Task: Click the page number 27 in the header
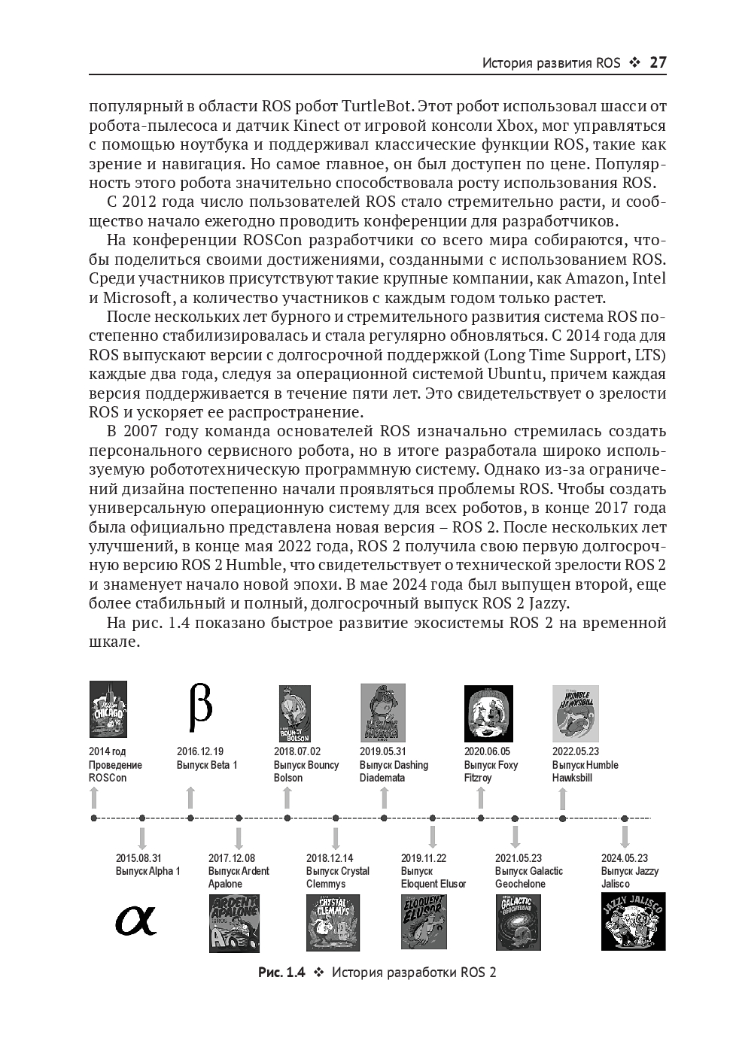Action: click(x=657, y=62)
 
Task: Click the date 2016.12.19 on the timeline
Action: click(x=200, y=751)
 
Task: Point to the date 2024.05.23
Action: click(x=624, y=858)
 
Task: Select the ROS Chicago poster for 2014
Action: click(x=108, y=709)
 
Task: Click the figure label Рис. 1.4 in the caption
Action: click(x=281, y=973)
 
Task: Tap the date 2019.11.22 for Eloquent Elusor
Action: click(x=423, y=858)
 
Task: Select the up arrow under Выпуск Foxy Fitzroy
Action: click(x=481, y=798)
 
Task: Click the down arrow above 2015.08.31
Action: click(x=142, y=837)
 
